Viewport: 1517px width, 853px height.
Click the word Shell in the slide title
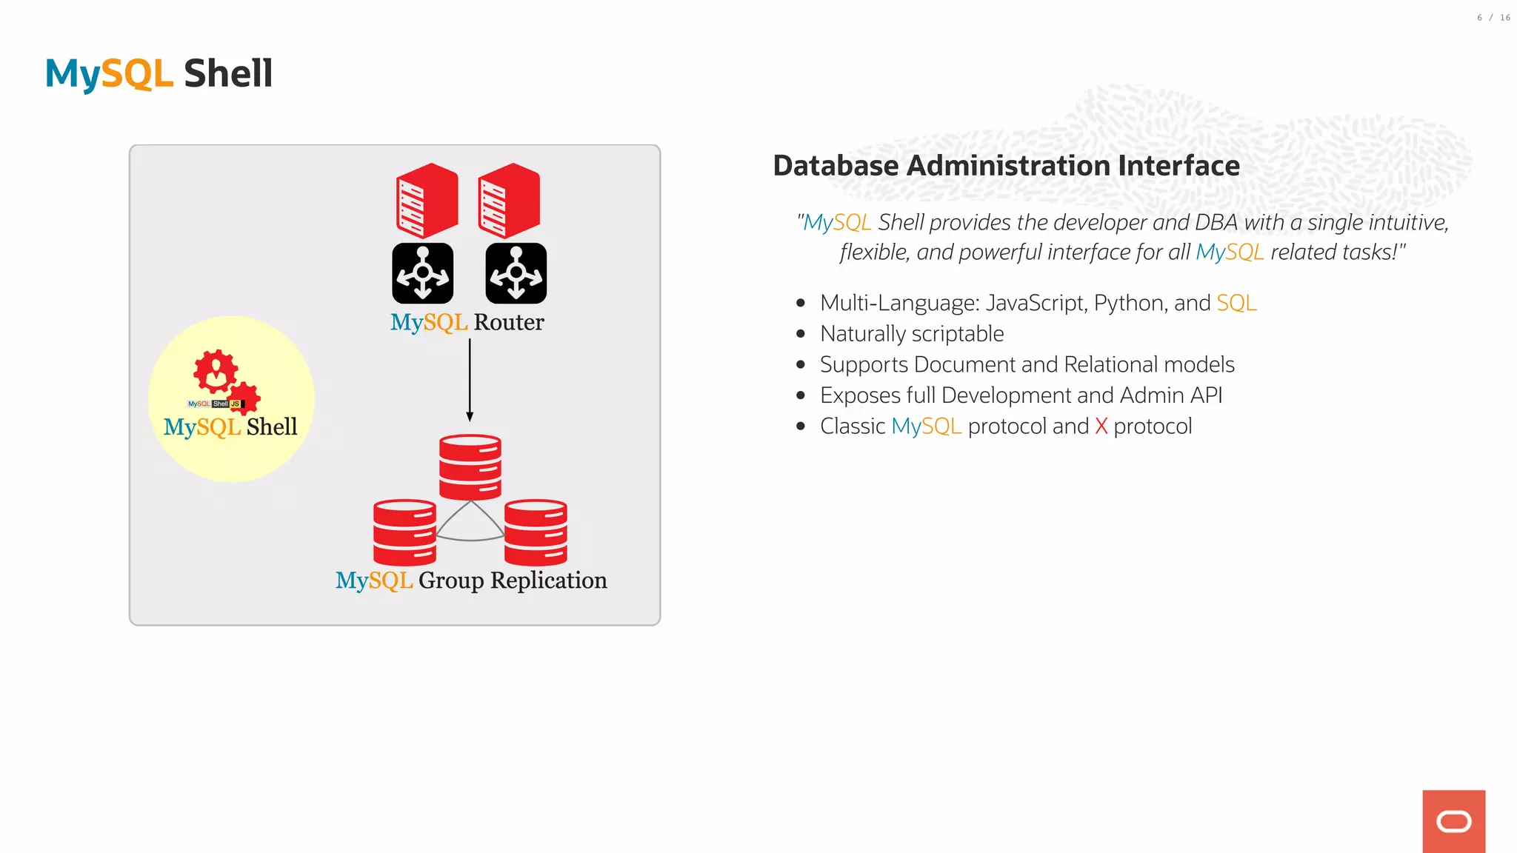pos(228,74)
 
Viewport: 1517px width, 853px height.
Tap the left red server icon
pos(427,201)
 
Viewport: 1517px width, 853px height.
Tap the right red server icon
pos(509,201)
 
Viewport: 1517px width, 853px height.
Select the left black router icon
pos(422,273)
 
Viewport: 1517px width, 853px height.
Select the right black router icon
pos(516,273)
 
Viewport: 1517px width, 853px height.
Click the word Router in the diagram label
pos(509,323)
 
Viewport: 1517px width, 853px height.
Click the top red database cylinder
pos(470,466)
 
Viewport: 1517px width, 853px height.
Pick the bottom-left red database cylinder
pos(404,532)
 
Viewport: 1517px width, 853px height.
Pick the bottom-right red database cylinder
pos(536,532)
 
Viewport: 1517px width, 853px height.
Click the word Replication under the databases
pos(548,581)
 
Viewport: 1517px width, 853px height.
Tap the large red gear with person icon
pos(216,371)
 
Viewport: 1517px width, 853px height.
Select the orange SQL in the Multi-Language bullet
pos(1236,304)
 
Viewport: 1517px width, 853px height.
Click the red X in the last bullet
pos(1101,426)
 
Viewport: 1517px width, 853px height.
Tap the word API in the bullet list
pos(1206,395)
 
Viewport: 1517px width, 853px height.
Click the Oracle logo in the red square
pos(1453,821)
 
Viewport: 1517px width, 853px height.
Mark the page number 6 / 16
pos(1493,18)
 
